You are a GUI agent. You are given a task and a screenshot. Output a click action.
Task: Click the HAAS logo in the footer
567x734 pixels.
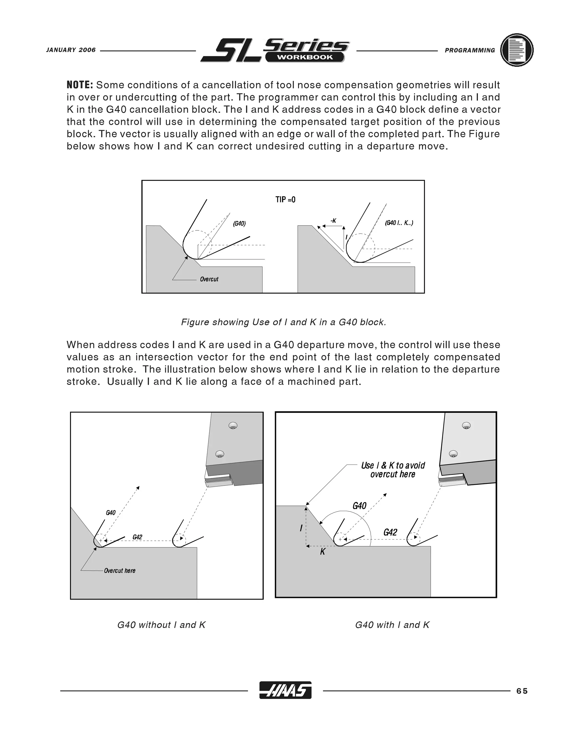[285, 690]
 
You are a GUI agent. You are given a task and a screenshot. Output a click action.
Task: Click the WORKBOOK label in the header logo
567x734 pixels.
[305, 57]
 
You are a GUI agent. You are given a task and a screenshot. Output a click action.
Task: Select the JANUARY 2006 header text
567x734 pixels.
[71, 50]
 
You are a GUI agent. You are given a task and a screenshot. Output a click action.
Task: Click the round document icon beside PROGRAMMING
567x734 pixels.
[517, 50]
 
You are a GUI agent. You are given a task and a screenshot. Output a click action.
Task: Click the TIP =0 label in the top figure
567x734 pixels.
[285, 200]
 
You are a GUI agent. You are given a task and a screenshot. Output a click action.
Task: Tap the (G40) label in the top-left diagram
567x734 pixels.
[239, 224]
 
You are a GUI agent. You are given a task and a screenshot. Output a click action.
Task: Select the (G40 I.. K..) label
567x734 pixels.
[399, 223]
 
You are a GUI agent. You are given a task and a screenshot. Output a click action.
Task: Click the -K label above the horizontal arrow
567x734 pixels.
[333, 220]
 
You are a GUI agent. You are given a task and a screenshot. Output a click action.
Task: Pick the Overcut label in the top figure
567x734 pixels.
[209, 279]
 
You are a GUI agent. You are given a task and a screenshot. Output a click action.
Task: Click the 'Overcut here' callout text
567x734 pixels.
[120, 571]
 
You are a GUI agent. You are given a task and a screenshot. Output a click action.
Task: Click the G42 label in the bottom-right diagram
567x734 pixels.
[390, 532]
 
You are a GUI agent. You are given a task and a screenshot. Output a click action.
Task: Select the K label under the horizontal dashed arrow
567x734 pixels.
[323, 551]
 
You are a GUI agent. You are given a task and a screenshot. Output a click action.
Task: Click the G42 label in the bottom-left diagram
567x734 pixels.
[137, 537]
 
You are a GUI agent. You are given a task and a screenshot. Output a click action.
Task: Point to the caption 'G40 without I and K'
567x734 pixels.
[161, 625]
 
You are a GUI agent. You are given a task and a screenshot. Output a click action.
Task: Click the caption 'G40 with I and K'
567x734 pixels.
[392, 625]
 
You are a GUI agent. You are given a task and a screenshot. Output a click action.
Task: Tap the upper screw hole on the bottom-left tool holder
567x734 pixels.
[233, 426]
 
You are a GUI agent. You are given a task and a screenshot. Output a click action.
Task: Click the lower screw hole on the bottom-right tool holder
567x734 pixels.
[453, 453]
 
